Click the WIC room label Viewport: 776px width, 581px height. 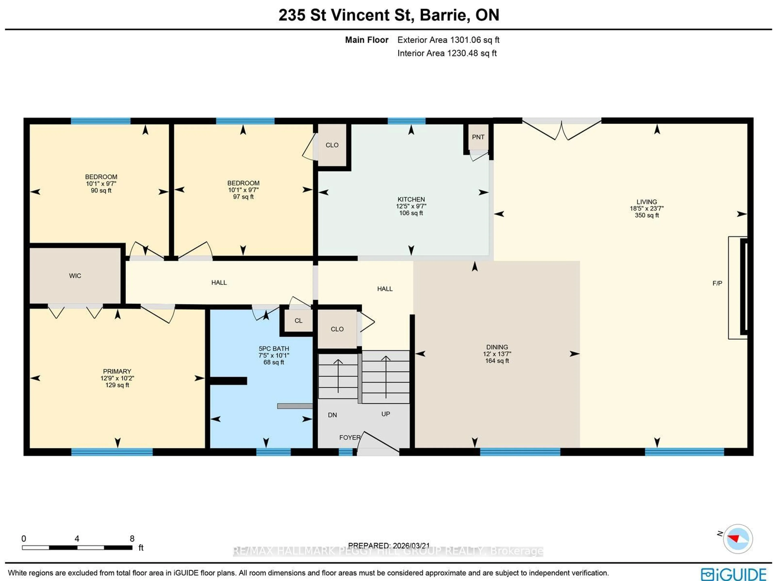(x=75, y=276)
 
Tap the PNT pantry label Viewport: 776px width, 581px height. (x=478, y=137)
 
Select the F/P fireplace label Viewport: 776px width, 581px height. (x=717, y=283)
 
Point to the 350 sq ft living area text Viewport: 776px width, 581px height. (x=646, y=215)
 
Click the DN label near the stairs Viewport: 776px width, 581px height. (x=332, y=415)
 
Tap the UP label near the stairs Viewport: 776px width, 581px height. (x=386, y=414)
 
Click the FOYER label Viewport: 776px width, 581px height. (x=349, y=438)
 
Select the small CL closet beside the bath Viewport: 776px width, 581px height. (x=298, y=321)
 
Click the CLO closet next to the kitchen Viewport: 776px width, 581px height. (x=332, y=145)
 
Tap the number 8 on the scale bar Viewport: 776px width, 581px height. (x=132, y=539)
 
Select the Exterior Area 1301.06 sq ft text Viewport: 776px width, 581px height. (x=448, y=40)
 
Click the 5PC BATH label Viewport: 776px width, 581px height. (x=274, y=348)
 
